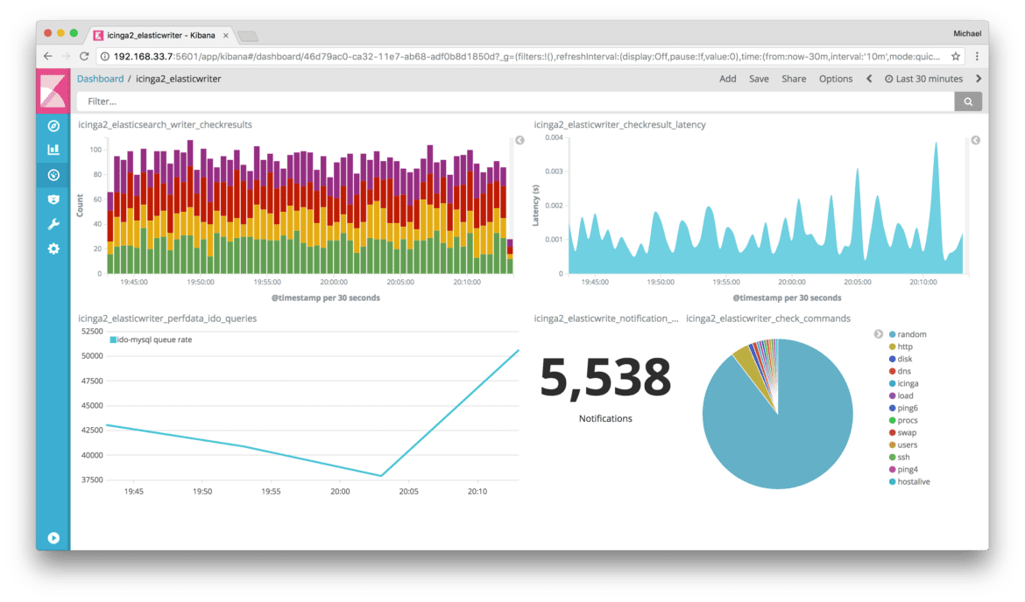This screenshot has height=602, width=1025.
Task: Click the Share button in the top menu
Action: point(794,79)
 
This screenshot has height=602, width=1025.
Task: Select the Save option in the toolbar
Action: point(759,79)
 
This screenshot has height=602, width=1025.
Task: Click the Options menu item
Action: point(835,79)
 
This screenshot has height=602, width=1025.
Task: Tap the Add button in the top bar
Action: point(727,79)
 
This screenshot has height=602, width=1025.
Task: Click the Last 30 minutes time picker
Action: point(923,79)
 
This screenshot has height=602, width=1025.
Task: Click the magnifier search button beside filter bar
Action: point(968,102)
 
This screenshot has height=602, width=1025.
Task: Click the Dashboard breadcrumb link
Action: point(100,79)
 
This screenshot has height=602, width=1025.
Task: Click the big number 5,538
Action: point(604,378)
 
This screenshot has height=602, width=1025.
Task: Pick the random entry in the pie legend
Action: point(911,334)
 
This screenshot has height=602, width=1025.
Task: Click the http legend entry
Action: point(905,346)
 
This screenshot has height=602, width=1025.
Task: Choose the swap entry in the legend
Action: point(907,432)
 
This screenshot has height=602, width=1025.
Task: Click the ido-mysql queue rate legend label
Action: point(153,339)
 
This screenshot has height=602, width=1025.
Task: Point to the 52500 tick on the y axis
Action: point(91,331)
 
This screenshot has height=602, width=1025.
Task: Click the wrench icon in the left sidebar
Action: point(53,224)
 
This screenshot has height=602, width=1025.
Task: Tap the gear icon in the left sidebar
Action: point(53,248)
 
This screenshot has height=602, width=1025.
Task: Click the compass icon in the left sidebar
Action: point(53,126)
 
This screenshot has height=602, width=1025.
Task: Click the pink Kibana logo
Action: point(53,90)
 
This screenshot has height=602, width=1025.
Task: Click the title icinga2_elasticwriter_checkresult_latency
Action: point(619,125)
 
